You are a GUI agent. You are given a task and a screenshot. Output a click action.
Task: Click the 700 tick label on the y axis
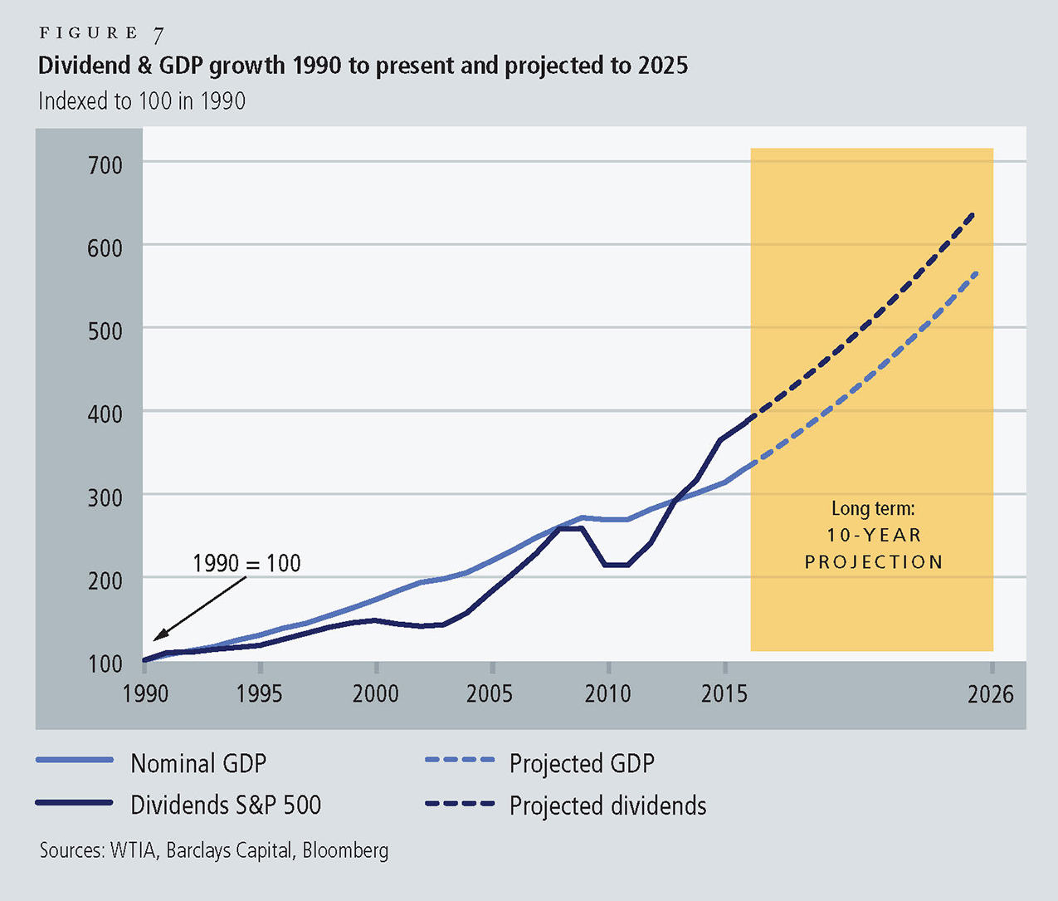(x=105, y=165)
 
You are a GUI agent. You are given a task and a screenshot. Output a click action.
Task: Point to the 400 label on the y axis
(x=105, y=414)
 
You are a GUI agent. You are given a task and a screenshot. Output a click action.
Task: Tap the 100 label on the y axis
(x=105, y=664)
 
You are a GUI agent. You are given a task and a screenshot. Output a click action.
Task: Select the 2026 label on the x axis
(x=991, y=694)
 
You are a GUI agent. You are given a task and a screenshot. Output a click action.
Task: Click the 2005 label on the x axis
(x=490, y=693)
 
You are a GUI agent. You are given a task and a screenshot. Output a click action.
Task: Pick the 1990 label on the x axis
(x=145, y=693)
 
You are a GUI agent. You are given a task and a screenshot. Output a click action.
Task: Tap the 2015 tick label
(x=724, y=693)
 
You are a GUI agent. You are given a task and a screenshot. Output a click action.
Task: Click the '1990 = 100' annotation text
(x=246, y=563)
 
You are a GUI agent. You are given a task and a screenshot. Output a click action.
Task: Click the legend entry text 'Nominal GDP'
(x=198, y=763)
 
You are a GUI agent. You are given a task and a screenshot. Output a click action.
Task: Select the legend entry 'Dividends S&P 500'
(x=226, y=805)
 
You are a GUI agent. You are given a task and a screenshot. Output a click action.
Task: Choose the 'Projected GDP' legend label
(x=582, y=763)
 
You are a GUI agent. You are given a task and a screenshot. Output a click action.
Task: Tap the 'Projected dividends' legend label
(x=607, y=806)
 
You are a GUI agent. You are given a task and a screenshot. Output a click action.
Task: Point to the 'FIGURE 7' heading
(x=101, y=33)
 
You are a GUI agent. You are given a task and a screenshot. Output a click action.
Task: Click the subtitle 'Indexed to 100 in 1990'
(x=142, y=101)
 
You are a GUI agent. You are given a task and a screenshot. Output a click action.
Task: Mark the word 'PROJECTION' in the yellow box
(x=874, y=562)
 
